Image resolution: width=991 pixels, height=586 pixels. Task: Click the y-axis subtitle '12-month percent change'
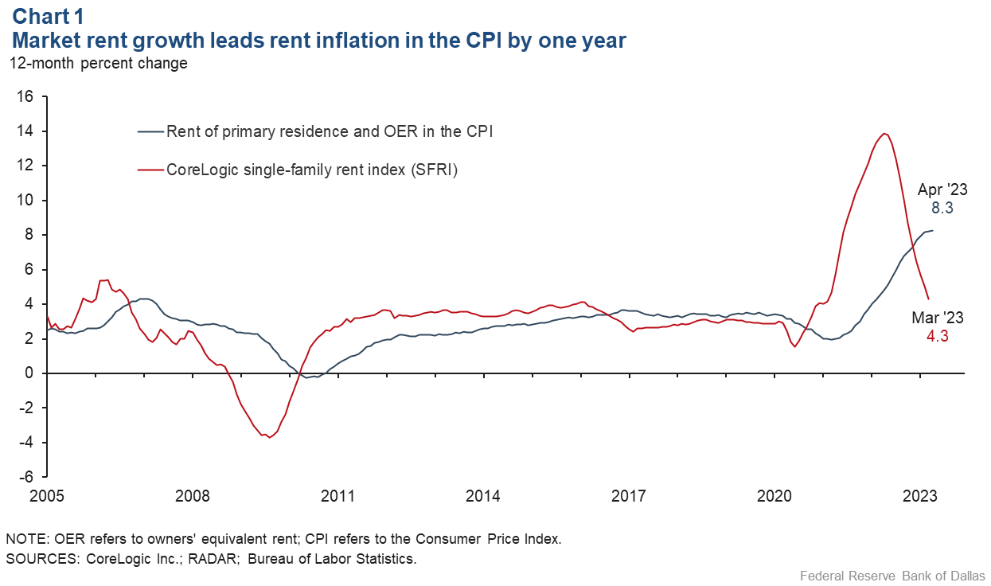pos(98,63)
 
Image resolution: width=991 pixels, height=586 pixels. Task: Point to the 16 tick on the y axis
pos(24,96)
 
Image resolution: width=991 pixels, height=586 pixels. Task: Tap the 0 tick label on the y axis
pos(29,373)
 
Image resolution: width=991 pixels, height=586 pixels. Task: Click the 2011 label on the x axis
pos(337,496)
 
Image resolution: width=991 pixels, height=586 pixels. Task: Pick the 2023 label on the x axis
pos(920,496)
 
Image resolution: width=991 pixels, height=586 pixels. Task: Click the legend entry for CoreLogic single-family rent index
pos(311,169)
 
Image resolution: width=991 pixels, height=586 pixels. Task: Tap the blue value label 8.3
pos(942,208)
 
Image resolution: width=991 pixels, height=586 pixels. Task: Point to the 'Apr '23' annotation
pos(942,190)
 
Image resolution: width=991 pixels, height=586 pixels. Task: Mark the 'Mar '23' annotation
pos(938,318)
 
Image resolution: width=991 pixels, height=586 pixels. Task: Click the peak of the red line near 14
pos(884,133)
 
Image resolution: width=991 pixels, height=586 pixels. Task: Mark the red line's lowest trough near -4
pos(269,437)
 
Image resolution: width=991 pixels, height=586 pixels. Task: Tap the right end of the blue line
pos(933,230)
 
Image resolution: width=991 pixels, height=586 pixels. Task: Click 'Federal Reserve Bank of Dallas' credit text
pos(892,575)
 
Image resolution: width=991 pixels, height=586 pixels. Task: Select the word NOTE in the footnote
pos(25,539)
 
